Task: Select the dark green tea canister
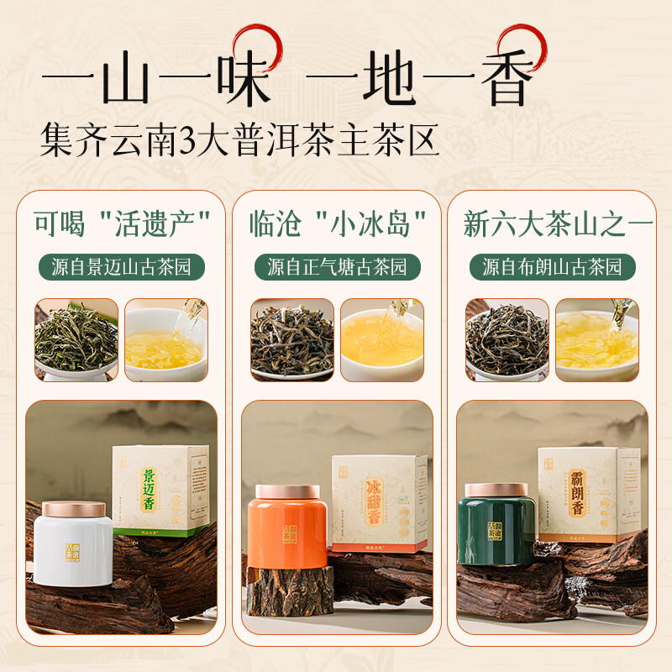501,529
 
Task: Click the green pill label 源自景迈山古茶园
122,267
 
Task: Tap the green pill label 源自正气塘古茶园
337,267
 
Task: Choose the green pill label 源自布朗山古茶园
552,267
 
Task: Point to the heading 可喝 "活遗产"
122,223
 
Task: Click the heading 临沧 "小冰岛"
337,223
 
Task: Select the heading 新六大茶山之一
552,223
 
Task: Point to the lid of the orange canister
286,491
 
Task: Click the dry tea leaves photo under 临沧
291,339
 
